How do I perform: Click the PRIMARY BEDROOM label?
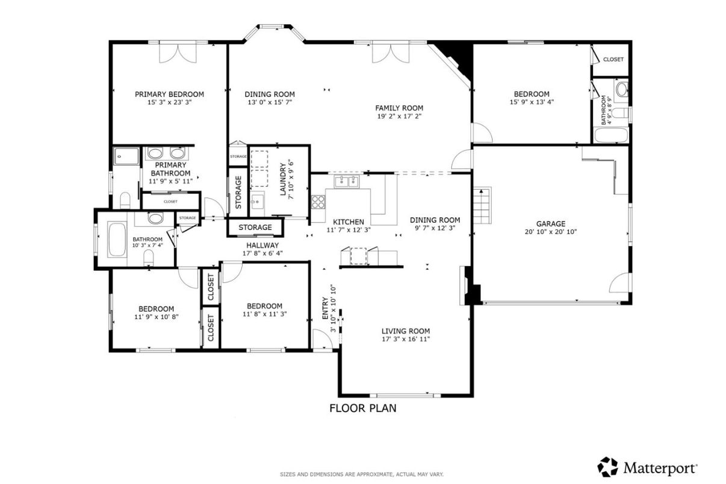point(170,95)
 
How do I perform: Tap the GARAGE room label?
point(551,224)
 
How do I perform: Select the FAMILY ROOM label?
point(399,108)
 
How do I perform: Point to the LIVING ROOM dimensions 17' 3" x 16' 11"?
point(406,339)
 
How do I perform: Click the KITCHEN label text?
point(349,222)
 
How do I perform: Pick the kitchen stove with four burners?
point(318,202)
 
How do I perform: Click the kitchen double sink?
point(347,182)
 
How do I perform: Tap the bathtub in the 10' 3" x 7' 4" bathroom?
point(117,239)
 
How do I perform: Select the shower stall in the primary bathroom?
point(126,157)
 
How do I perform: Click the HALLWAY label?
point(262,246)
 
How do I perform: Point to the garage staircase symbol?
point(482,205)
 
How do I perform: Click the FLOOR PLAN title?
point(363,408)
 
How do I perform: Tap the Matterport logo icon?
point(607,467)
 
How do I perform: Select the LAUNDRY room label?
point(283,179)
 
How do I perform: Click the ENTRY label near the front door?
point(326,308)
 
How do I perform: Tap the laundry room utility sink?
point(258,200)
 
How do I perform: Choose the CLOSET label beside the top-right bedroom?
point(613,60)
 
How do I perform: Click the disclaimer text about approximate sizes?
point(362,474)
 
